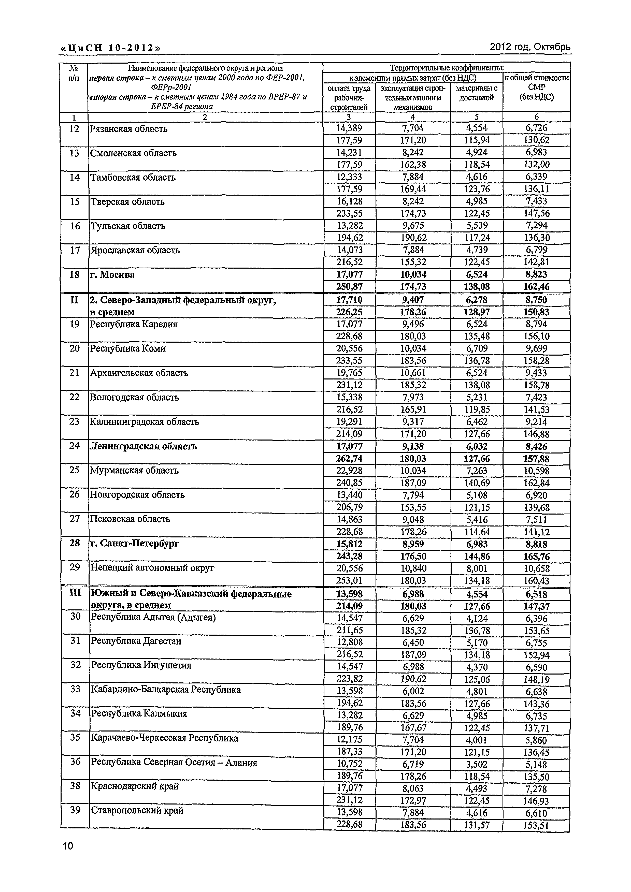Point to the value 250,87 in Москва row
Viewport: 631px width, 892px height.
click(x=349, y=287)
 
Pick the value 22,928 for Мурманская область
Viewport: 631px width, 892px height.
click(x=349, y=471)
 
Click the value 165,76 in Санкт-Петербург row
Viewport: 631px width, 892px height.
click(x=536, y=556)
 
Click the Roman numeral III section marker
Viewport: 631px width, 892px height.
click(x=74, y=593)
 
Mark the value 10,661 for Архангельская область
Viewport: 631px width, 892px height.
click(x=413, y=373)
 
